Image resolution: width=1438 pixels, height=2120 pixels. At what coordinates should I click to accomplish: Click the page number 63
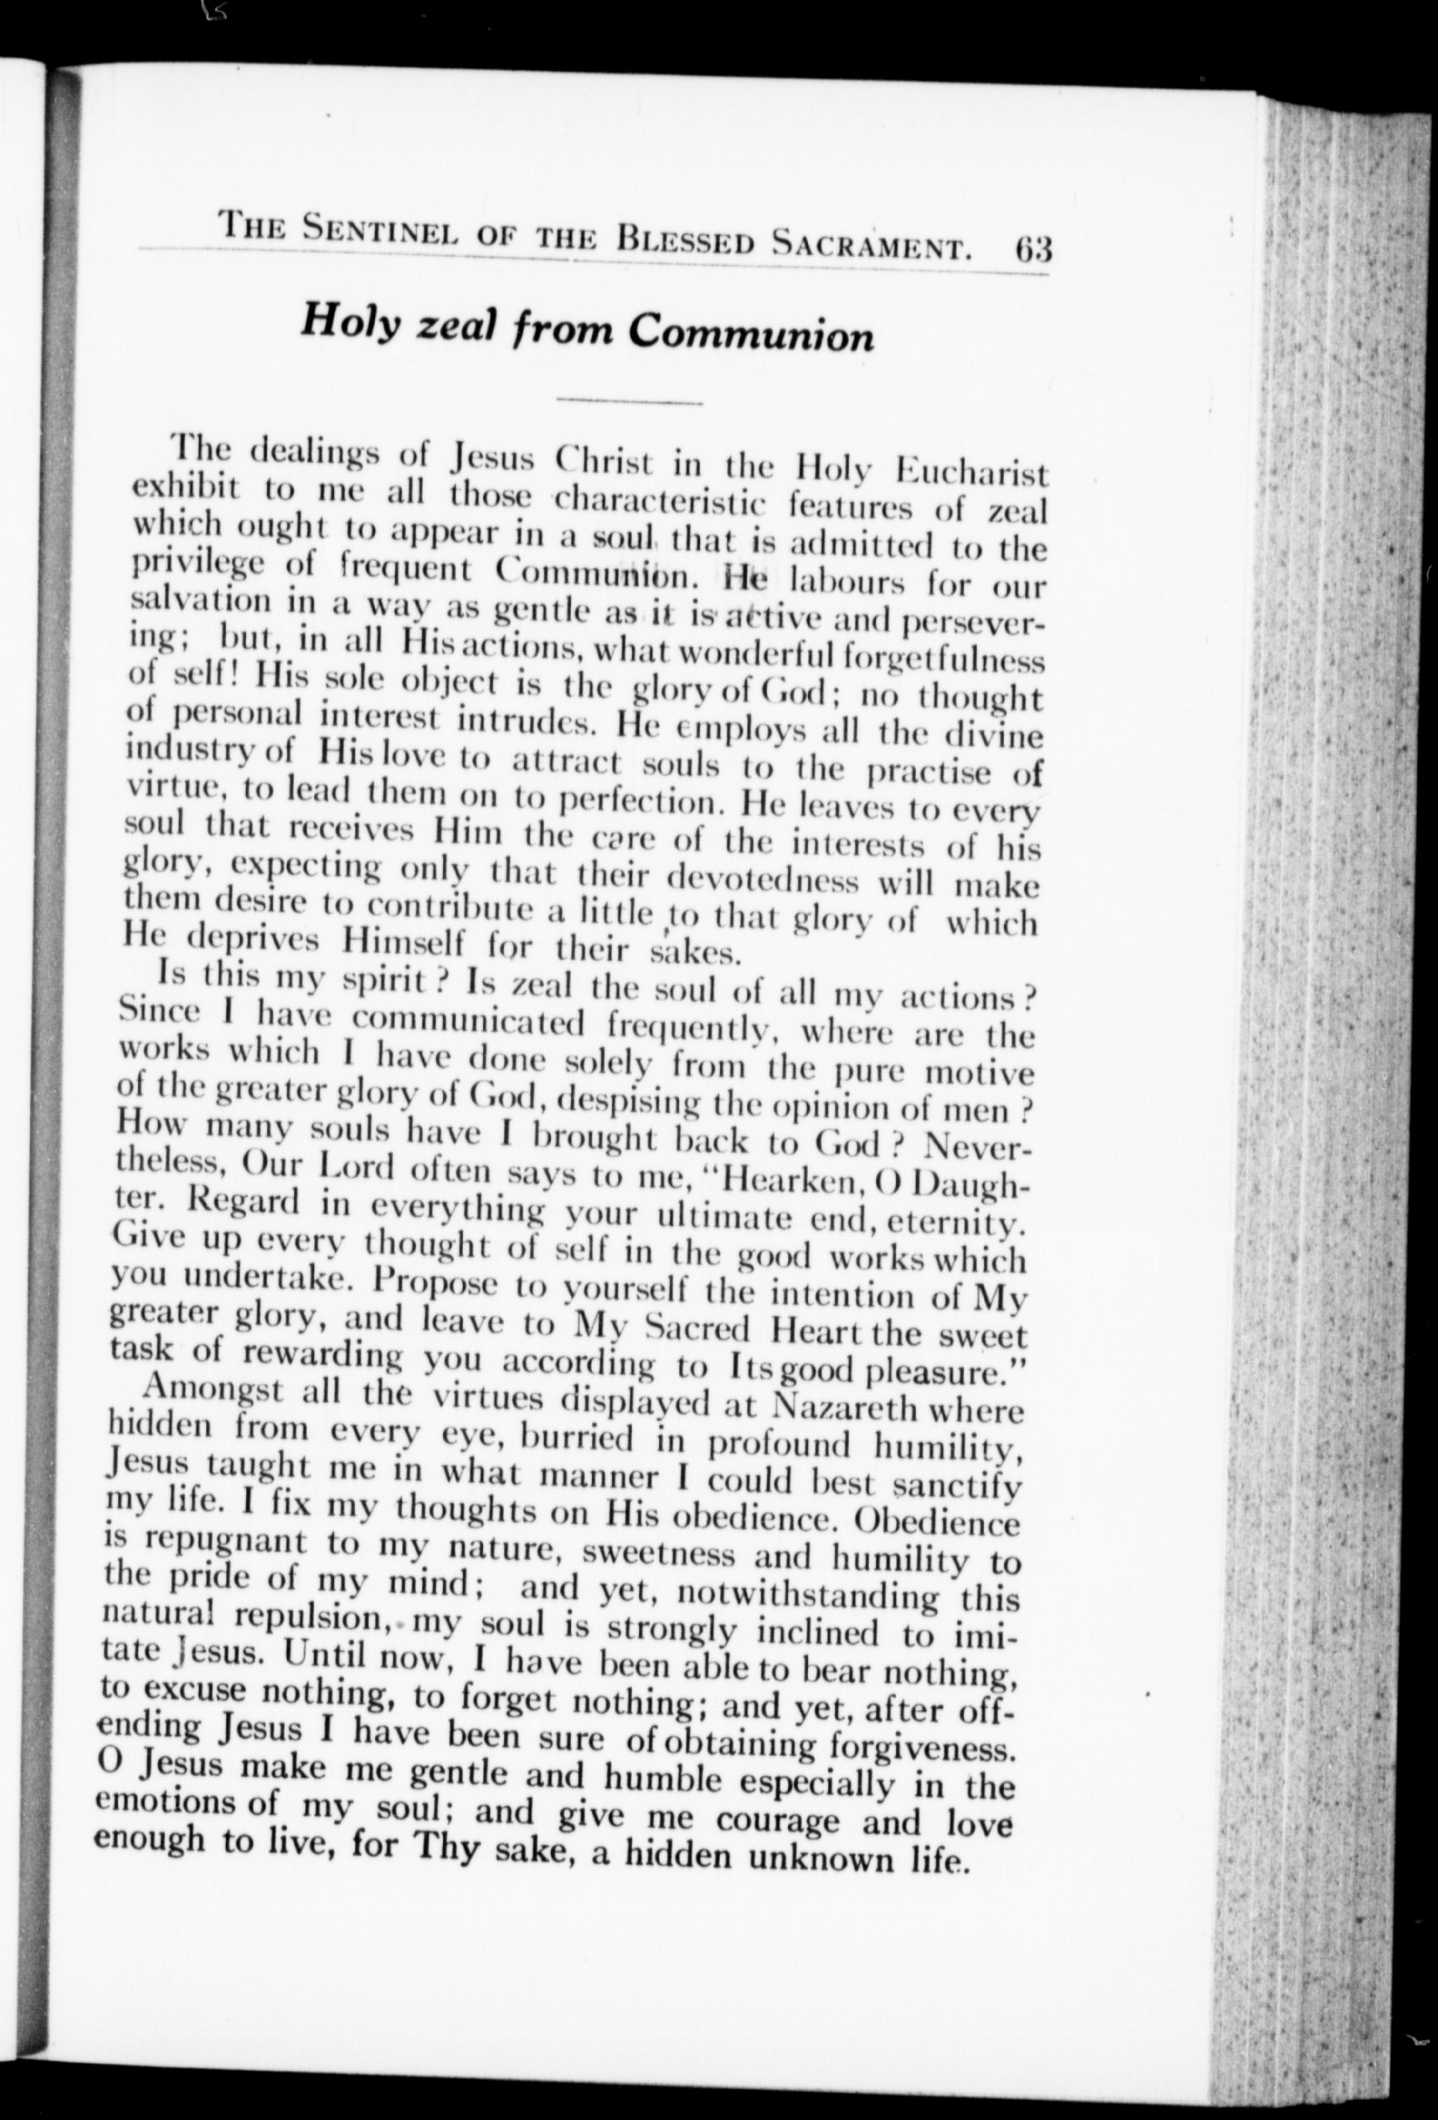[x=1031, y=248]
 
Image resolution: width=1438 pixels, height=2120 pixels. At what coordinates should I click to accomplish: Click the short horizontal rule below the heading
[x=628, y=401]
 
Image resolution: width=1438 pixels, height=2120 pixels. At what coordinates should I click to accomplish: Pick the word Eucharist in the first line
[x=971, y=474]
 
